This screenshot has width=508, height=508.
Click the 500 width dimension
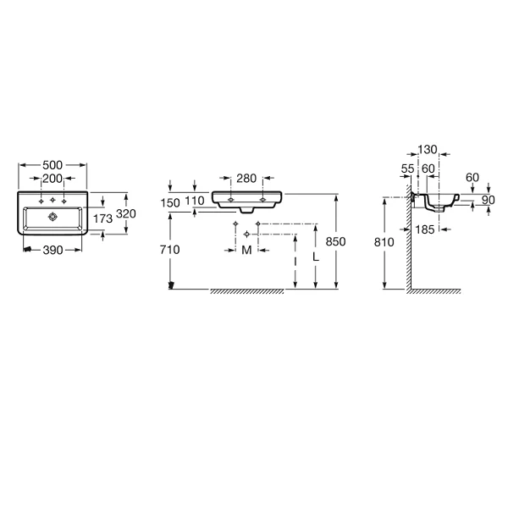[x=52, y=165]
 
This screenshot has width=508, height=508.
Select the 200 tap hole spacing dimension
[x=52, y=179]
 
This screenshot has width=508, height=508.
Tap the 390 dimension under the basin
[x=52, y=250]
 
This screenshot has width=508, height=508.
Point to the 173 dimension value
[x=102, y=218]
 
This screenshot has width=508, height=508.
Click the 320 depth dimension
[x=126, y=214]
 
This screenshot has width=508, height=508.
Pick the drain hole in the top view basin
[x=52, y=217]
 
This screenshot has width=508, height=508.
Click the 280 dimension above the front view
[x=246, y=178]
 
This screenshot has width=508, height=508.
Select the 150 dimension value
[x=170, y=203]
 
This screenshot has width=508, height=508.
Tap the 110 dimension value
[x=195, y=201]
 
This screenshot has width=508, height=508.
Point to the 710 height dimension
[x=170, y=250]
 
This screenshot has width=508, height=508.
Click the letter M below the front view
[x=247, y=250]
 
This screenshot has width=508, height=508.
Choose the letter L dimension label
[x=316, y=257]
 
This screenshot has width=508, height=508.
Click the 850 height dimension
[x=335, y=241]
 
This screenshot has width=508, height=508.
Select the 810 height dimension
[x=384, y=242]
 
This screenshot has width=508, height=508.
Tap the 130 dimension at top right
[x=428, y=150]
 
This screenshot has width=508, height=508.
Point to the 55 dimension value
[x=407, y=168]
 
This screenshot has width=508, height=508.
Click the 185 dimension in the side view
[x=425, y=229]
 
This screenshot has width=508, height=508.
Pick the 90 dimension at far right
[x=489, y=200]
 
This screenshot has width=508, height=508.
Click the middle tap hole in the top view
[x=52, y=200]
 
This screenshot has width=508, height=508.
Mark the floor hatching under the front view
[x=247, y=291]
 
